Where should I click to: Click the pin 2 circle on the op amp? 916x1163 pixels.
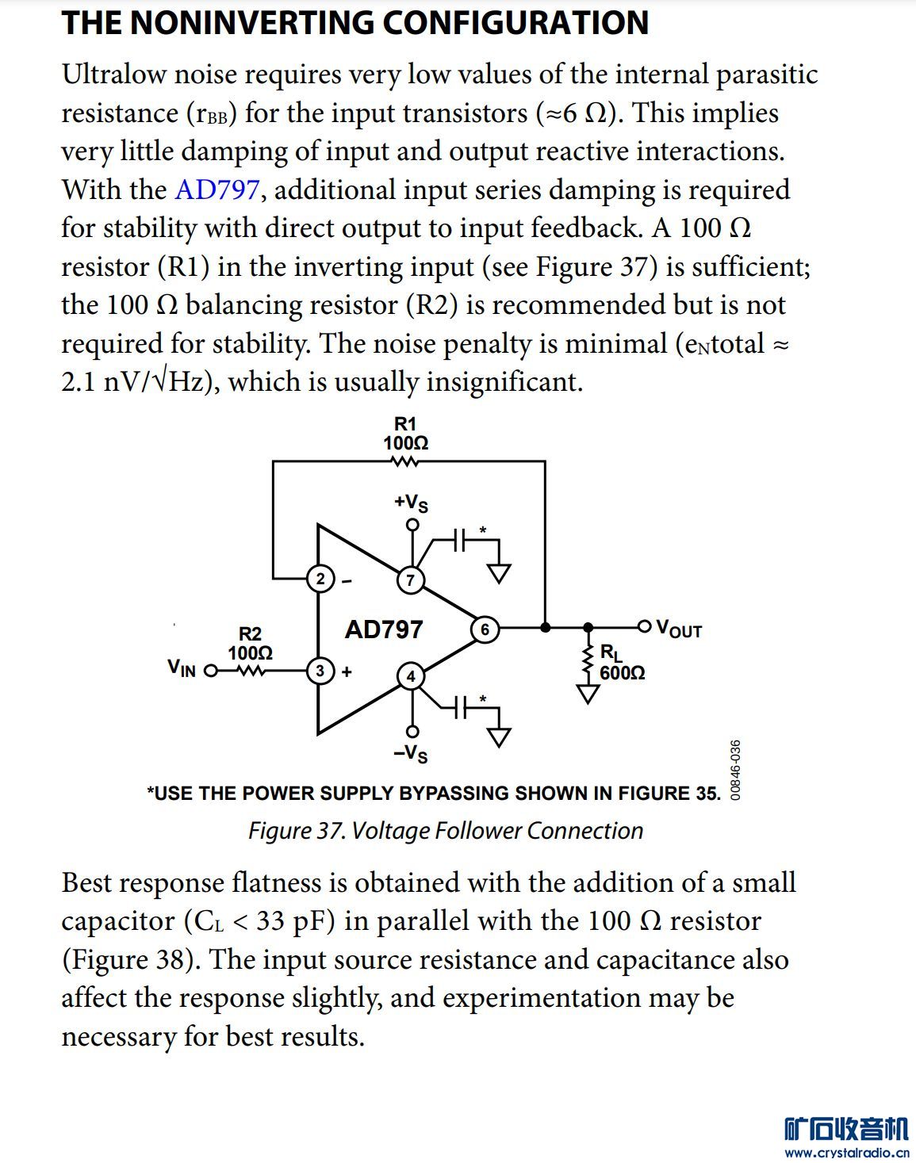coord(320,580)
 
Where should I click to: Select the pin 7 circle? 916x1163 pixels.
coord(410,580)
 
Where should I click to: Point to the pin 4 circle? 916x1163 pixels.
coord(410,676)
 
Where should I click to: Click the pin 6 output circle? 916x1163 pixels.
coord(485,629)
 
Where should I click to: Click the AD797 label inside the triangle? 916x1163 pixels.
coord(384,629)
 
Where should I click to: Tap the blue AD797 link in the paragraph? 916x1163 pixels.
coord(217,190)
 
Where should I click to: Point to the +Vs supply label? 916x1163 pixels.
coord(411,503)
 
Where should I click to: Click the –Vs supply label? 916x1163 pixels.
coord(411,753)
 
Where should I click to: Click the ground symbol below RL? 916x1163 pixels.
coord(588,694)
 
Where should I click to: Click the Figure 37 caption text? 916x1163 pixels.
coord(445,831)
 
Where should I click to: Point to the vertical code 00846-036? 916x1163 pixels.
coord(735,770)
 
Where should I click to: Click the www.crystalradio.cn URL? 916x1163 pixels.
coord(846,1153)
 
